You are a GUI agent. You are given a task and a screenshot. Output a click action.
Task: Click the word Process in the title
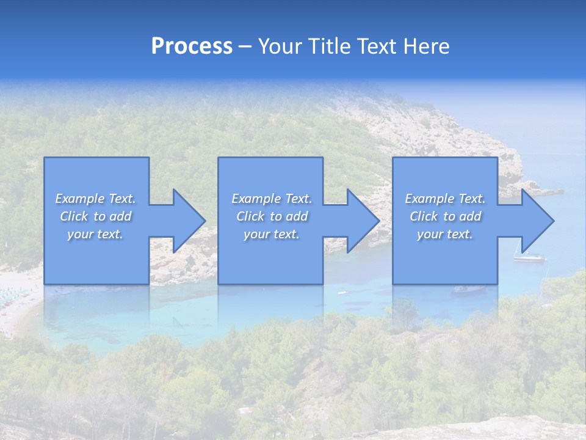coord(192,46)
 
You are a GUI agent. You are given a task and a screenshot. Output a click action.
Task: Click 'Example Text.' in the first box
coord(95,199)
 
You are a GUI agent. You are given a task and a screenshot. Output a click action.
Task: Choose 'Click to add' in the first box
coord(95,216)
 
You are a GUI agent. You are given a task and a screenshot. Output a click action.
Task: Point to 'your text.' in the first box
coord(95,234)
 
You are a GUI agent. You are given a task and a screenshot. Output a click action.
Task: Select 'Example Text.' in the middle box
coord(271,199)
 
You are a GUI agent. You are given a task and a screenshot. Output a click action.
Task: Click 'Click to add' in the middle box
coord(271,216)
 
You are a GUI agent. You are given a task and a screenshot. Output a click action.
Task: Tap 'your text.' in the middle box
coord(271,234)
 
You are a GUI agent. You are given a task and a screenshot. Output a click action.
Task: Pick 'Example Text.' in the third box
coord(445,199)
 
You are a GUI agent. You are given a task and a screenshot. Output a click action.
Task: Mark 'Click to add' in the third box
coord(445,216)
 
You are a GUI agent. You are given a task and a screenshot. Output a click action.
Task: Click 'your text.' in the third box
coord(445,234)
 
